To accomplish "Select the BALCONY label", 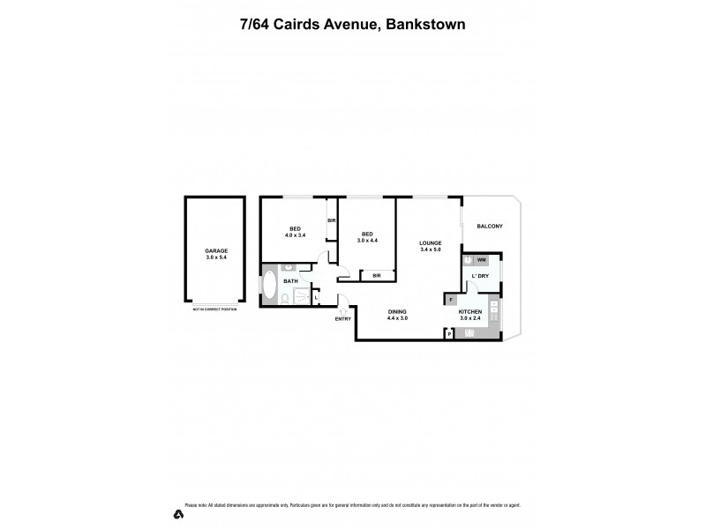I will pyautogui.click(x=490, y=227).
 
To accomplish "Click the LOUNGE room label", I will pyautogui.click(x=431, y=242).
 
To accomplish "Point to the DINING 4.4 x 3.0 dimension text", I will pyautogui.click(x=398, y=318).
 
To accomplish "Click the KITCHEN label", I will pyautogui.click(x=469, y=311).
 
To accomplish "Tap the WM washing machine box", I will pyautogui.click(x=481, y=260).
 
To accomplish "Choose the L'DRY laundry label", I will pyautogui.click(x=481, y=277).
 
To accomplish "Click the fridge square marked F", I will pyautogui.click(x=451, y=301).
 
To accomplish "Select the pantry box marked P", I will pyautogui.click(x=448, y=333).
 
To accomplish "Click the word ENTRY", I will pyautogui.click(x=342, y=319).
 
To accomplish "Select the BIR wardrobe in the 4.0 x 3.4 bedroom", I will pyautogui.click(x=332, y=220).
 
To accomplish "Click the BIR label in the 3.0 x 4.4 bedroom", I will pyautogui.click(x=377, y=276).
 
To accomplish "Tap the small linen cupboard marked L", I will pyautogui.click(x=316, y=297).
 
